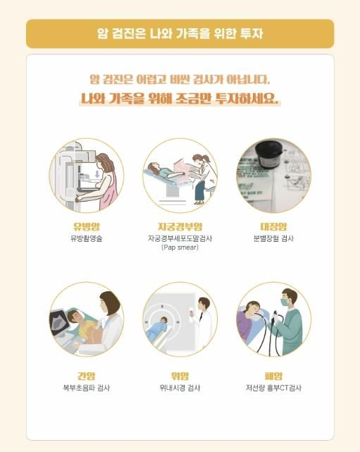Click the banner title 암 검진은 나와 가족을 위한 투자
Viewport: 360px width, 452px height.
coord(180,33)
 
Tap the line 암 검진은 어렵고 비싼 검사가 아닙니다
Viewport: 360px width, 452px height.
coord(180,80)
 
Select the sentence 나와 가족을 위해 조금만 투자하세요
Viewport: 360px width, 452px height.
coord(180,99)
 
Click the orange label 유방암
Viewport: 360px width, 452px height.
coord(86,226)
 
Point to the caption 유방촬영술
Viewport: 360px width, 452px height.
coord(86,238)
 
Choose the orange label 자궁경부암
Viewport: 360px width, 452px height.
coord(180,226)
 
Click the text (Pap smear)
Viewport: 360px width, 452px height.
coord(180,248)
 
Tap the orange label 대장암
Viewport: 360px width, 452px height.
coord(273,226)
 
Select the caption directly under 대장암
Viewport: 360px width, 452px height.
coord(273,238)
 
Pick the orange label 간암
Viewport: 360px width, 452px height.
coord(86,376)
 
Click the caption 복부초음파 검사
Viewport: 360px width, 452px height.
coord(86,388)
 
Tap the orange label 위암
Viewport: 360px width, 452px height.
coord(180,376)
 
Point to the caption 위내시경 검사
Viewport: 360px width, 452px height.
coord(180,388)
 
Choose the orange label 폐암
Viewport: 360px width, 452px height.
coord(273,376)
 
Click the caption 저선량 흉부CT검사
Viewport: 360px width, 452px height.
coord(273,388)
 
